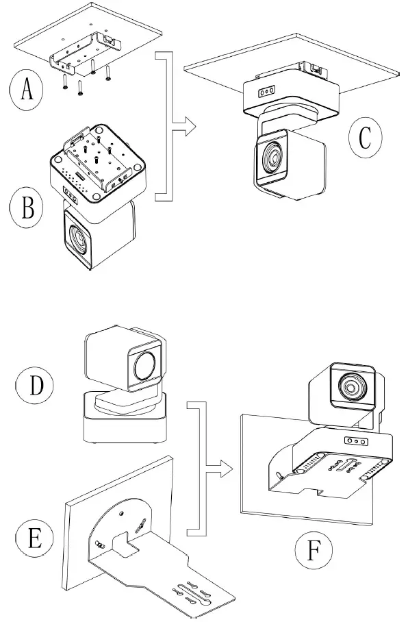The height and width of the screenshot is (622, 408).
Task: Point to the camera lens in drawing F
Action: (x=353, y=388)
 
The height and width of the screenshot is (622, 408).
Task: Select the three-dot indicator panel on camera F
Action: (x=354, y=442)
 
